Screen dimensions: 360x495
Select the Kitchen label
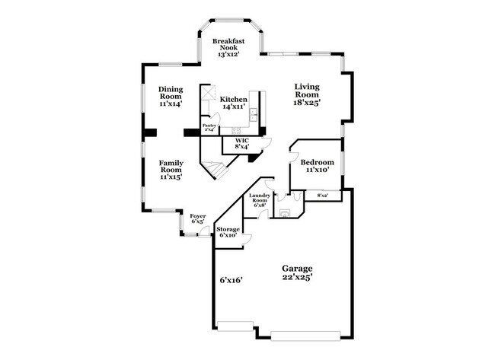tap(233, 100)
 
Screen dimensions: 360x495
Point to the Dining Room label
tap(171, 91)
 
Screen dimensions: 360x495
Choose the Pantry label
tap(209, 126)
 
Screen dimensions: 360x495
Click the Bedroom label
tap(315, 162)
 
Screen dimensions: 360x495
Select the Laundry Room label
tap(258, 199)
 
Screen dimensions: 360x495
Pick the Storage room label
tap(228, 229)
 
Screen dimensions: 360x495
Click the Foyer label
tap(197, 216)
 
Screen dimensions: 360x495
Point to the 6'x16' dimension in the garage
tap(230, 280)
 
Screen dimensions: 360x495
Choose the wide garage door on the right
tap(305, 335)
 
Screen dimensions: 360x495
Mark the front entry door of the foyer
tap(204, 232)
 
